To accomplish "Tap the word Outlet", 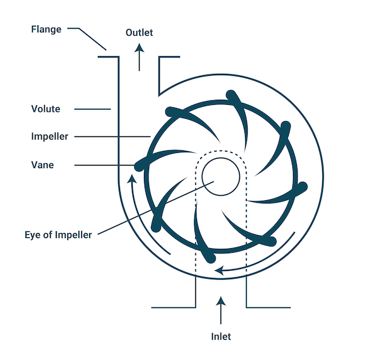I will [139, 32].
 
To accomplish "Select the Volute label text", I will [45, 109].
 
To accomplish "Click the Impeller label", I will [49, 136].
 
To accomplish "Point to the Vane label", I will [42, 165].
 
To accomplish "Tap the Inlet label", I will [220, 337].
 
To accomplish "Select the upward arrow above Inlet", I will [220, 313].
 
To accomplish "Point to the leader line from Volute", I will [92, 109].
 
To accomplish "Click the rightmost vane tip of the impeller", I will [302, 188].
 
